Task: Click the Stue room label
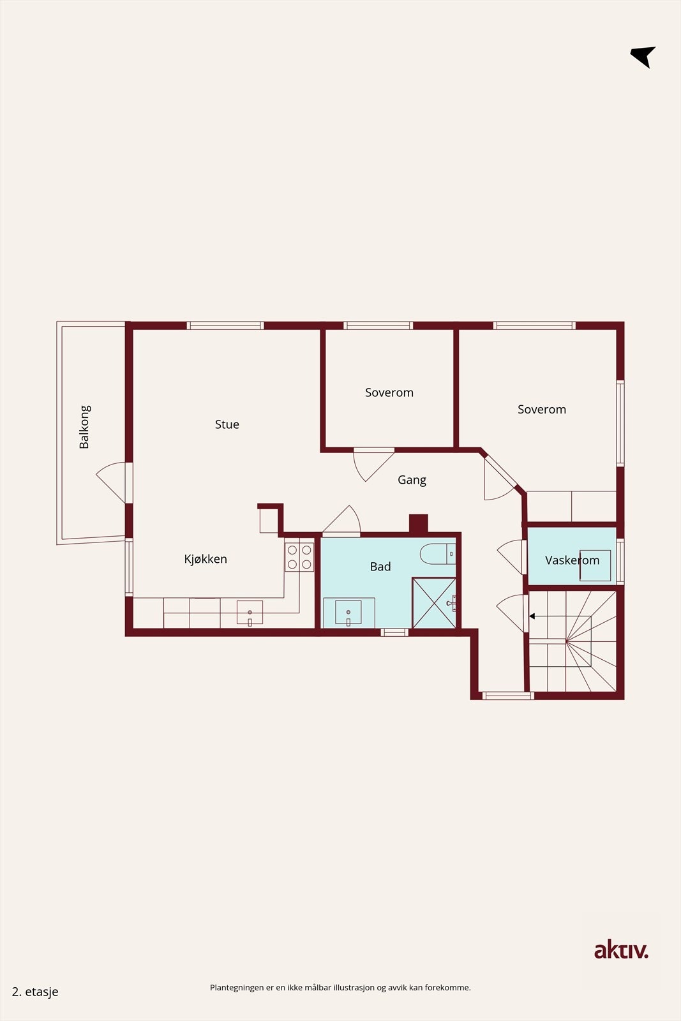click(227, 424)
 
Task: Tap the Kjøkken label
click(206, 559)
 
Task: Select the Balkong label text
click(84, 427)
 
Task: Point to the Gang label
click(412, 480)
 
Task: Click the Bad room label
click(380, 567)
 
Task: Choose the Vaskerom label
click(572, 560)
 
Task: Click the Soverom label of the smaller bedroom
click(389, 392)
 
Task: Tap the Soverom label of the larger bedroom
click(542, 409)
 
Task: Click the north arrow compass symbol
click(643, 57)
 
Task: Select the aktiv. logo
click(621, 951)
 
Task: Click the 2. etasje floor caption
click(35, 992)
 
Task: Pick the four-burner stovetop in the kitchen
click(299, 557)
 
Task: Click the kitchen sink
click(250, 613)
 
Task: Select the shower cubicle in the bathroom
click(434, 602)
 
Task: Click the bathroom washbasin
click(348, 612)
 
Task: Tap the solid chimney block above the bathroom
click(419, 523)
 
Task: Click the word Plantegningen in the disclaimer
click(237, 988)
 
